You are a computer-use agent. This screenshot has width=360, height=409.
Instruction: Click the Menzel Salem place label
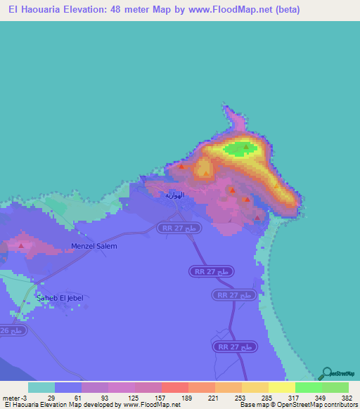point(94,246)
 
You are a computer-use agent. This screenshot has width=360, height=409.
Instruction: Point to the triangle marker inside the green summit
point(245,148)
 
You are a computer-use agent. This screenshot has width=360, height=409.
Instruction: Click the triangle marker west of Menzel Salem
point(21,246)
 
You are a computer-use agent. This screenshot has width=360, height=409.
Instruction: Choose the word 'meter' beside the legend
point(11,398)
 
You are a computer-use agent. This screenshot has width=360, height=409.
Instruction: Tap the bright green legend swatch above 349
point(308,387)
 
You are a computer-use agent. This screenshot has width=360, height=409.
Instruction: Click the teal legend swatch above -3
point(41,387)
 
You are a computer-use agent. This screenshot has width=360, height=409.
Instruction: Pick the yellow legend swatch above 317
point(281,387)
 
